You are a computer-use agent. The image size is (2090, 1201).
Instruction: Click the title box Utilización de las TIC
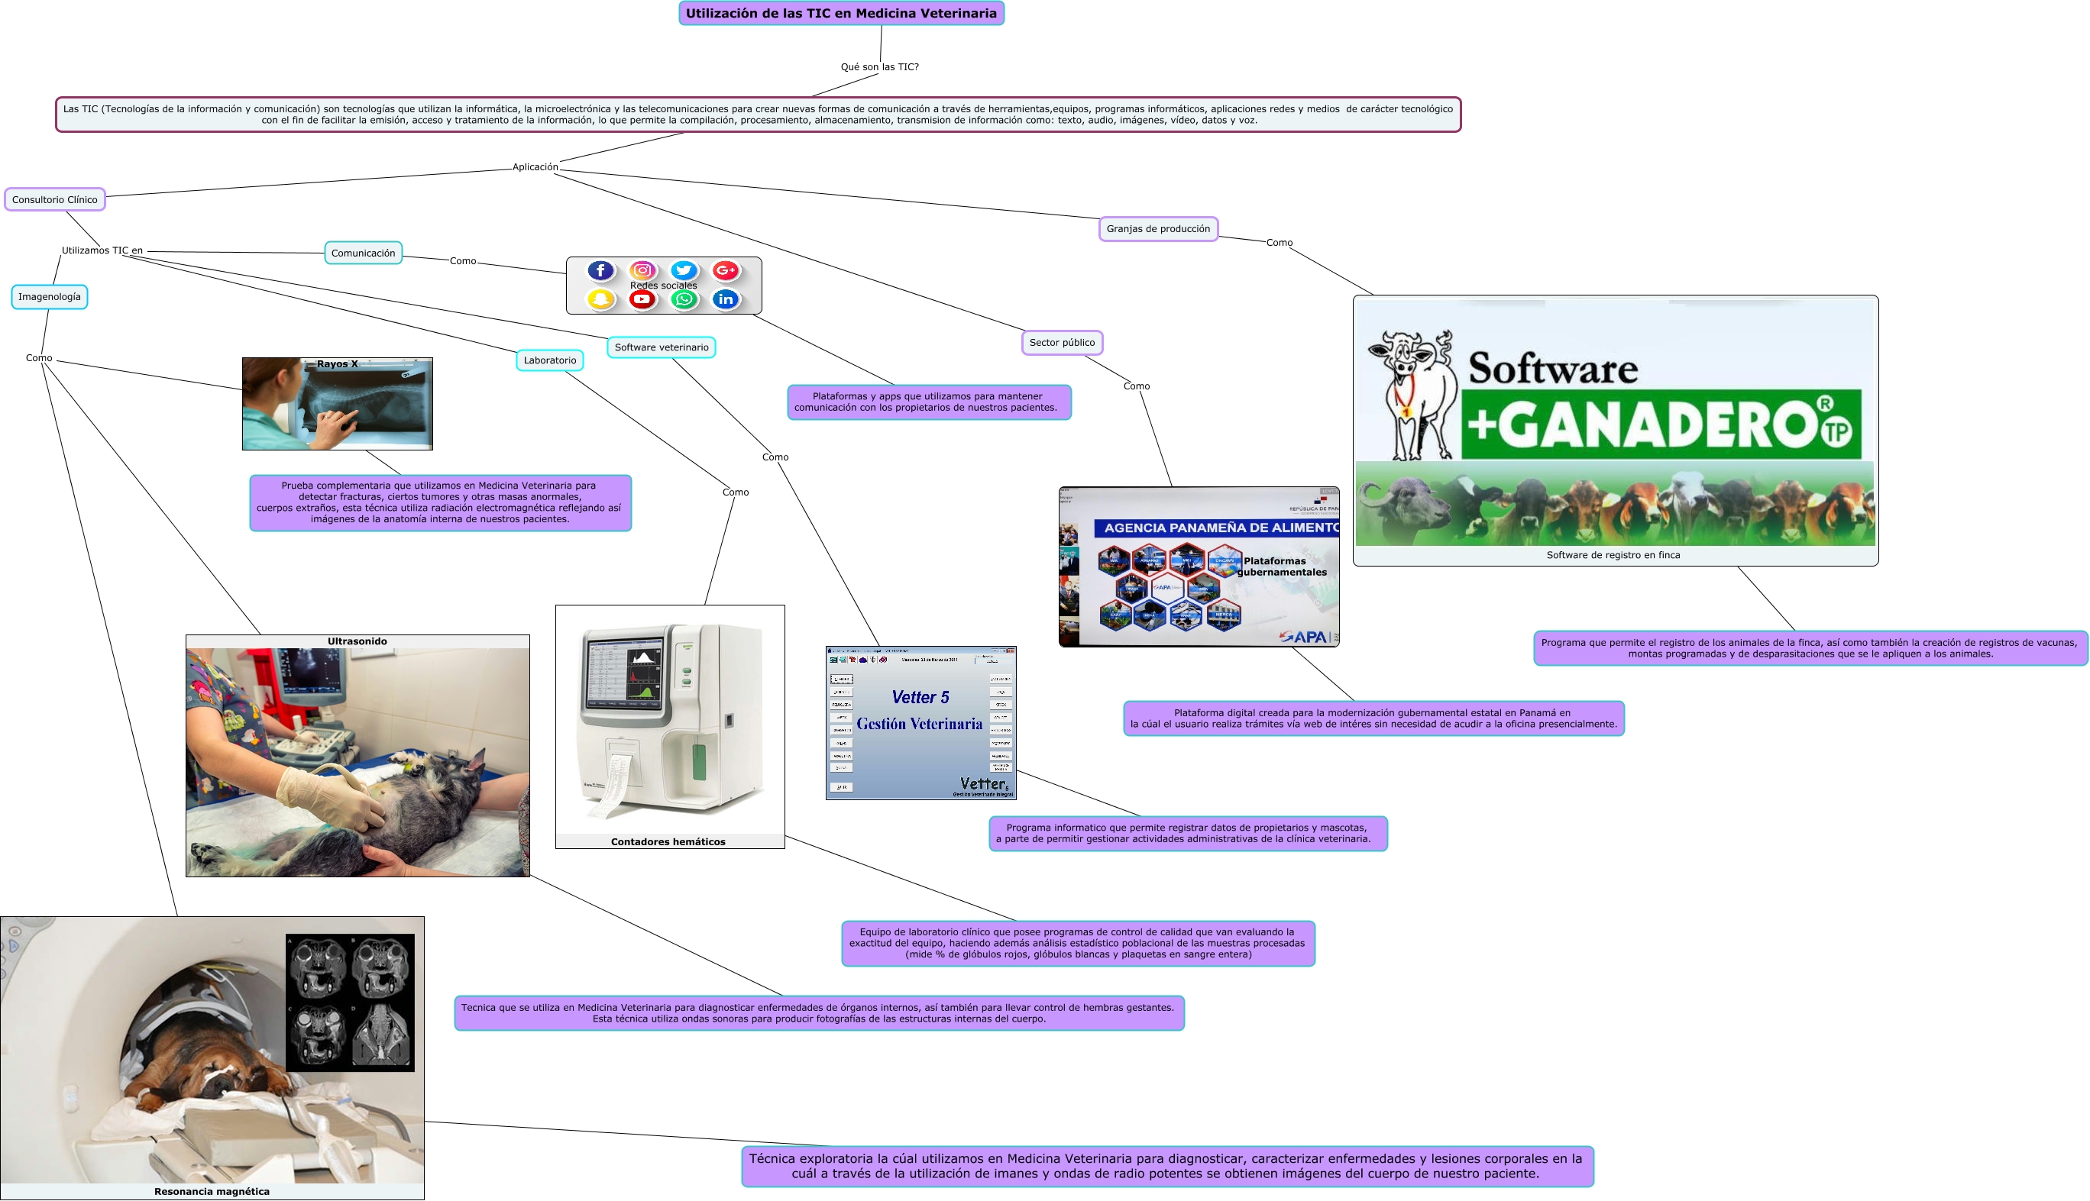[x=841, y=13]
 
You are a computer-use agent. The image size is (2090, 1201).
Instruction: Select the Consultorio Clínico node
[x=54, y=199]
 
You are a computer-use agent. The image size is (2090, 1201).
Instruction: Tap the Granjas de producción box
[x=1157, y=229]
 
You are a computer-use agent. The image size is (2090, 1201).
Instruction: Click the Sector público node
[x=1062, y=342]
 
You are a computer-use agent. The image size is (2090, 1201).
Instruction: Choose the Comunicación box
[x=363, y=253]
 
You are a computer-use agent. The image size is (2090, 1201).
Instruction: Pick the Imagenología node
[x=50, y=297]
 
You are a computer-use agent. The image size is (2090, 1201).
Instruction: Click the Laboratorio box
[x=549, y=360]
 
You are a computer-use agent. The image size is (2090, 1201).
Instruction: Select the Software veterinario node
[x=661, y=347]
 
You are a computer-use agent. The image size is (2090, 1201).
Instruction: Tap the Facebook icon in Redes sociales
[x=600, y=270]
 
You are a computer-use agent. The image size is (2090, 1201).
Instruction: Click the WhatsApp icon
[x=684, y=299]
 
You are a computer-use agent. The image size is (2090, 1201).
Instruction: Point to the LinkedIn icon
[x=725, y=299]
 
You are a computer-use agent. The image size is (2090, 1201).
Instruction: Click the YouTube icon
[x=642, y=299]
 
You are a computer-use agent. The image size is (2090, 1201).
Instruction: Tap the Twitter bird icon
[x=684, y=270]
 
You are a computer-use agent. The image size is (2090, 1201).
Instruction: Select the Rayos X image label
[x=338, y=363]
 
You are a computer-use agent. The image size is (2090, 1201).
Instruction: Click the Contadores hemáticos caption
[x=668, y=841]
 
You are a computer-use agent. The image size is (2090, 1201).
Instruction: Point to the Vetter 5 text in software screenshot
[x=920, y=697]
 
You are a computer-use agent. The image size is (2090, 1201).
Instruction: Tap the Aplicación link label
[x=535, y=167]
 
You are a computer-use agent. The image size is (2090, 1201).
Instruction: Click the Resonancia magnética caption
[x=212, y=1191]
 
